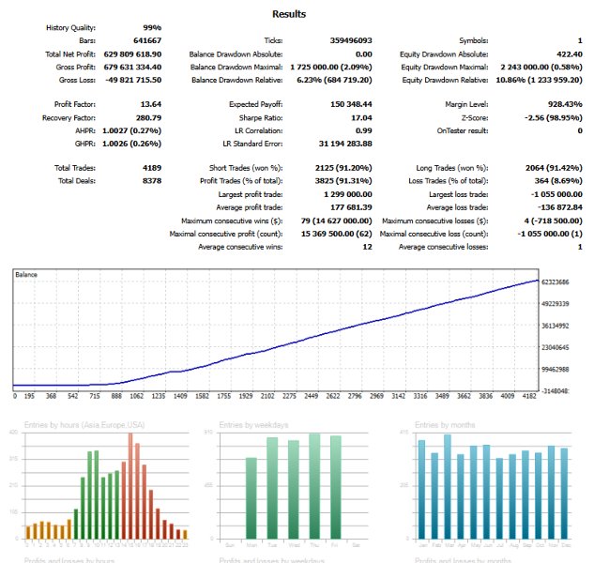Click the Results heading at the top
tap(288, 14)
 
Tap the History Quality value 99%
tap(151, 28)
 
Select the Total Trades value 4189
tap(150, 167)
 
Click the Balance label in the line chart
tap(27, 273)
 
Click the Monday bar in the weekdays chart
tap(251, 497)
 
